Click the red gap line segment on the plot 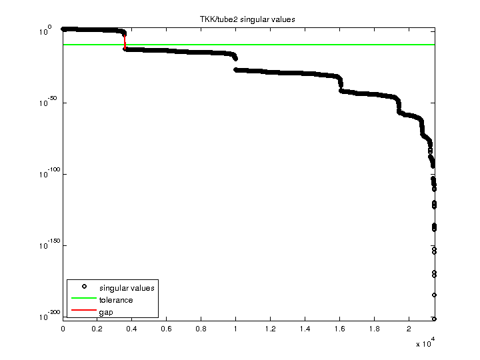(x=125, y=41)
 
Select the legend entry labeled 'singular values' (x=127, y=288)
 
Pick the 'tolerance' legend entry (x=116, y=300)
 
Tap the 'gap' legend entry (x=106, y=312)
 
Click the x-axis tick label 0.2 (x=97, y=329)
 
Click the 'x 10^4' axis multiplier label (x=425, y=343)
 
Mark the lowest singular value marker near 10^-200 (x=434, y=319)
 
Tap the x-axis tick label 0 (x=63, y=329)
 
